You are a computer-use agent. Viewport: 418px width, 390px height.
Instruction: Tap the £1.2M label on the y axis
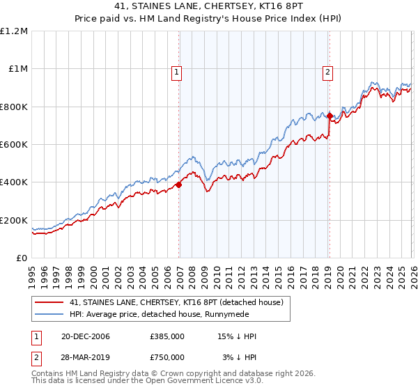pyautogui.click(x=14, y=31)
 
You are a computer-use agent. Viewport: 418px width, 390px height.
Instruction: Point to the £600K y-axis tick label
pyautogui.click(x=14, y=145)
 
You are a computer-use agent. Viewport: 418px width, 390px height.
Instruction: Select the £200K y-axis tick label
pyautogui.click(x=14, y=221)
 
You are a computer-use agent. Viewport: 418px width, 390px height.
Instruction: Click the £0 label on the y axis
pyautogui.click(x=22, y=258)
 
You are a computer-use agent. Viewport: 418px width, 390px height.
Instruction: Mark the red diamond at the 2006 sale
pyautogui.click(x=179, y=185)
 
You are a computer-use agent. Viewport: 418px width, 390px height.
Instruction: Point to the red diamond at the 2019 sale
pyautogui.click(x=330, y=116)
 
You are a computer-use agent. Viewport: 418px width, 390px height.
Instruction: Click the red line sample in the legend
pyautogui.click(x=50, y=303)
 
